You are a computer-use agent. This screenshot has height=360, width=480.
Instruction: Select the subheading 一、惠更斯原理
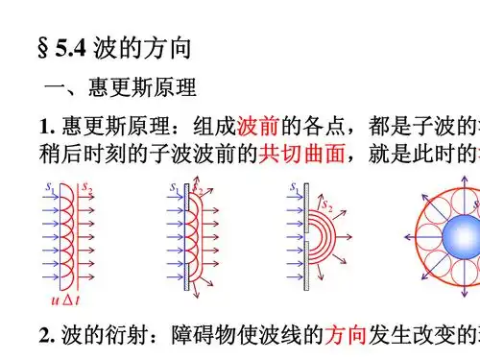click(120, 89)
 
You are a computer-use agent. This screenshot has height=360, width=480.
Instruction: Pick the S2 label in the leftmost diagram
click(86, 183)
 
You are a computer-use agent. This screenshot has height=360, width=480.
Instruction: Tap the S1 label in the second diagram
click(174, 182)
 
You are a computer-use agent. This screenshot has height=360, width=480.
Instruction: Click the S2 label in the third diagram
click(327, 204)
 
